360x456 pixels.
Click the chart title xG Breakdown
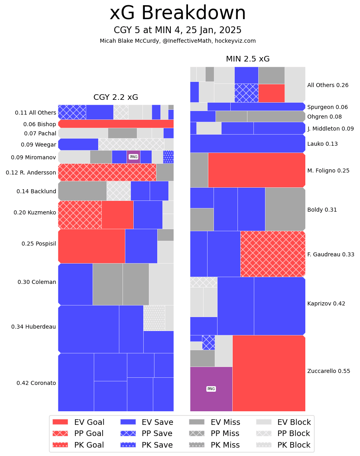pyautogui.click(x=178, y=13)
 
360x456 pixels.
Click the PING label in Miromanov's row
pyautogui.click(x=134, y=157)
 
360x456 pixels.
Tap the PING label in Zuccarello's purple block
pyautogui.click(x=211, y=389)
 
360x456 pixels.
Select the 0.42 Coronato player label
pyautogui.click(x=36, y=383)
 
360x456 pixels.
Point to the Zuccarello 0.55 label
pyautogui.click(x=328, y=371)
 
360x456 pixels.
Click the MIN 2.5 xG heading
pyautogui.click(x=247, y=59)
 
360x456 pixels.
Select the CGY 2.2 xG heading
pyautogui.click(x=116, y=97)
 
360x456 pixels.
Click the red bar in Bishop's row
pyautogui.click(x=116, y=124)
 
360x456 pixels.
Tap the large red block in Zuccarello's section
pyautogui.click(x=269, y=373)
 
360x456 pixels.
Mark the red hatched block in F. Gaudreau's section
pyautogui.click(x=273, y=254)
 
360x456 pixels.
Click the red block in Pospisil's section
pyautogui.click(x=91, y=246)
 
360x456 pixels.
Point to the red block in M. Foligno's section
pyautogui.click(x=256, y=170)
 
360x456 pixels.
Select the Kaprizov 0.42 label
pyautogui.click(x=326, y=303)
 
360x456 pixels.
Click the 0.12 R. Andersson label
pyautogui.click(x=31, y=172)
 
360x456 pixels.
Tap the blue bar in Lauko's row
pyautogui.click(x=247, y=143)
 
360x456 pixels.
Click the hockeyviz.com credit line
pyautogui.click(x=178, y=41)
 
